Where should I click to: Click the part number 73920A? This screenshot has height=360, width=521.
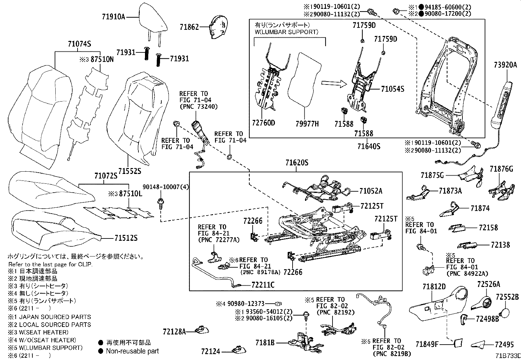pos(505,65)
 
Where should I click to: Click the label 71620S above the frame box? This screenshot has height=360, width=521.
pos(296,163)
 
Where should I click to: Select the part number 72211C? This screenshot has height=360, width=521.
pos(263,285)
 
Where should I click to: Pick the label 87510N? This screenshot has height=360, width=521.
pos(102,60)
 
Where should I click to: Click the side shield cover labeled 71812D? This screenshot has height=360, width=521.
pos(435,305)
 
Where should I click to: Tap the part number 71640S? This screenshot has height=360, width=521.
pos(368,146)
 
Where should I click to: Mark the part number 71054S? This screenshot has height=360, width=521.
pos(392,89)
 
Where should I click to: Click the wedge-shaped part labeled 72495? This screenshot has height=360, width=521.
pos(479,345)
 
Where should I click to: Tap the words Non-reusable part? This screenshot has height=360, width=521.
pos(132,351)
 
